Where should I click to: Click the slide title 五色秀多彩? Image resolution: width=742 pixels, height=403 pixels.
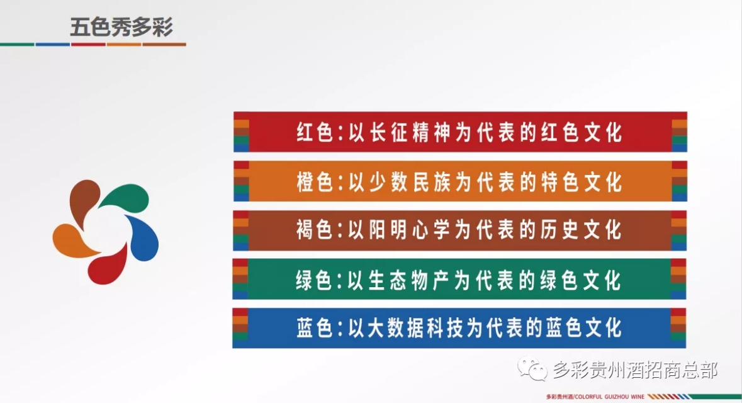(x=121, y=28)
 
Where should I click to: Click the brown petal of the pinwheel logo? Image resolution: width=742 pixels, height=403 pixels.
(x=82, y=200)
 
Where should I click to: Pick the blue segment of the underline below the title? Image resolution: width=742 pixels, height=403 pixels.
(x=52, y=45)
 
